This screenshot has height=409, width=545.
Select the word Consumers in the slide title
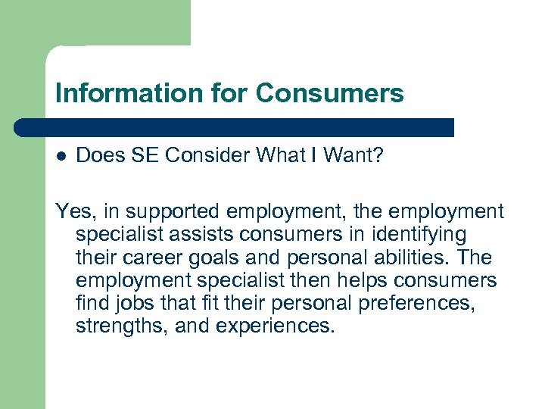tap(329, 93)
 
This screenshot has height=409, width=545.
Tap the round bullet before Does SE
tap(61, 156)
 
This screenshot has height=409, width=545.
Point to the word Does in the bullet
tap(97, 155)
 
